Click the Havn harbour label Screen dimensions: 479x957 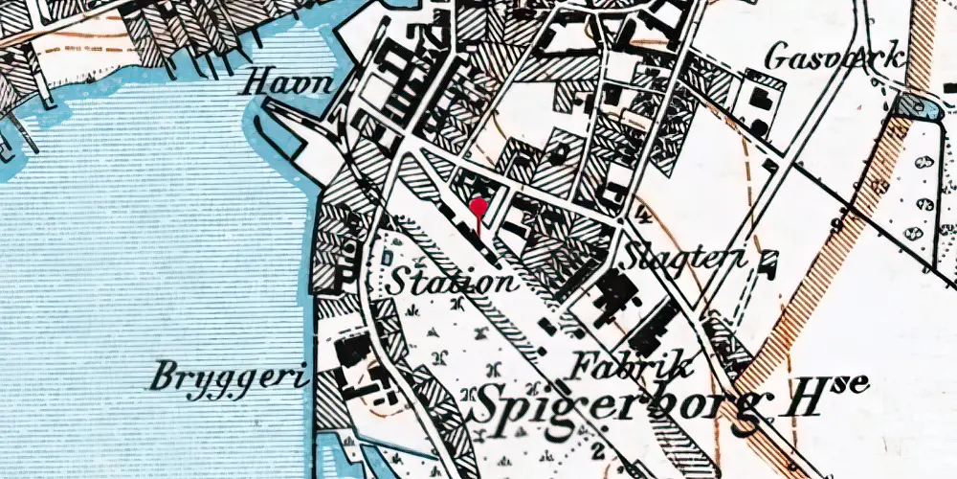(x=290, y=84)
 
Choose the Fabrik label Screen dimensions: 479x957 (x=630, y=365)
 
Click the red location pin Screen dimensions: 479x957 (x=478, y=206)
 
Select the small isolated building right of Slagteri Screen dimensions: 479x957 (x=767, y=258)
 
